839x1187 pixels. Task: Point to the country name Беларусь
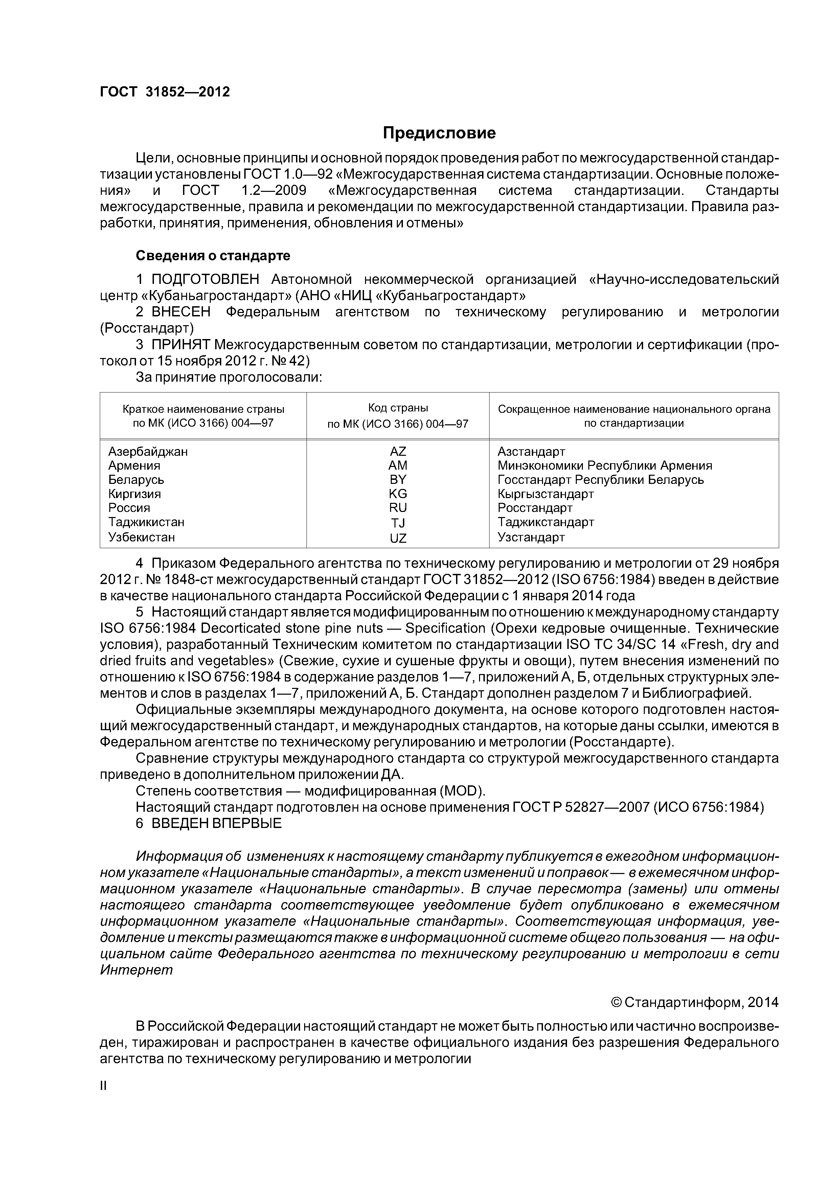pyautogui.click(x=136, y=479)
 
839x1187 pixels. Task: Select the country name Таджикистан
pyautogui.click(x=146, y=522)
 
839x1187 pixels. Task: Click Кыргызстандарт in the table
pyautogui.click(x=545, y=494)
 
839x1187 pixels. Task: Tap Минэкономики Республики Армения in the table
pyautogui.click(x=604, y=465)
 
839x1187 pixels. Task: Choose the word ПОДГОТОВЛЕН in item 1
pyautogui.click(x=205, y=280)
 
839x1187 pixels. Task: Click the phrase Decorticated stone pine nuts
pyautogui.click(x=291, y=629)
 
